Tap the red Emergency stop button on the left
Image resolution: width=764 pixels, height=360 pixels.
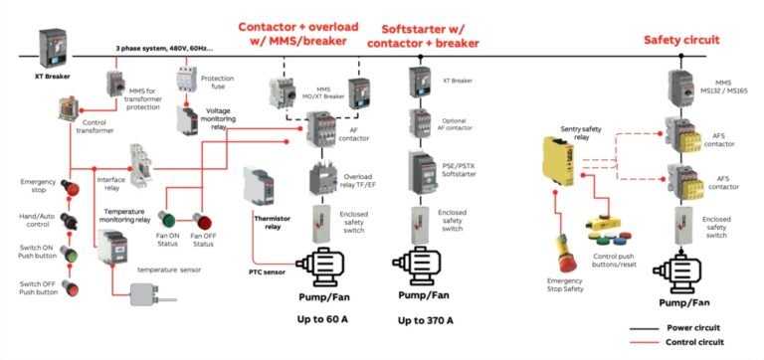point(70,187)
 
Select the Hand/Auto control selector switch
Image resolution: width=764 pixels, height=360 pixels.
point(70,220)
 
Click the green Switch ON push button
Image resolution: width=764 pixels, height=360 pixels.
point(70,253)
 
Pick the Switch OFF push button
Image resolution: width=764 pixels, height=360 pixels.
point(70,287)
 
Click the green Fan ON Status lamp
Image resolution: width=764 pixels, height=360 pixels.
point(167,220)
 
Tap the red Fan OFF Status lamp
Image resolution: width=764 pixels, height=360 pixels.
point(202,220)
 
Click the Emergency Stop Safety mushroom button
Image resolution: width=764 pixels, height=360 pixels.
point(562,246)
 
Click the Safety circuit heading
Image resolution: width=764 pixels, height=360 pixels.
point(680,40)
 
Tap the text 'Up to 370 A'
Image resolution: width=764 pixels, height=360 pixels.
point(426,320)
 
